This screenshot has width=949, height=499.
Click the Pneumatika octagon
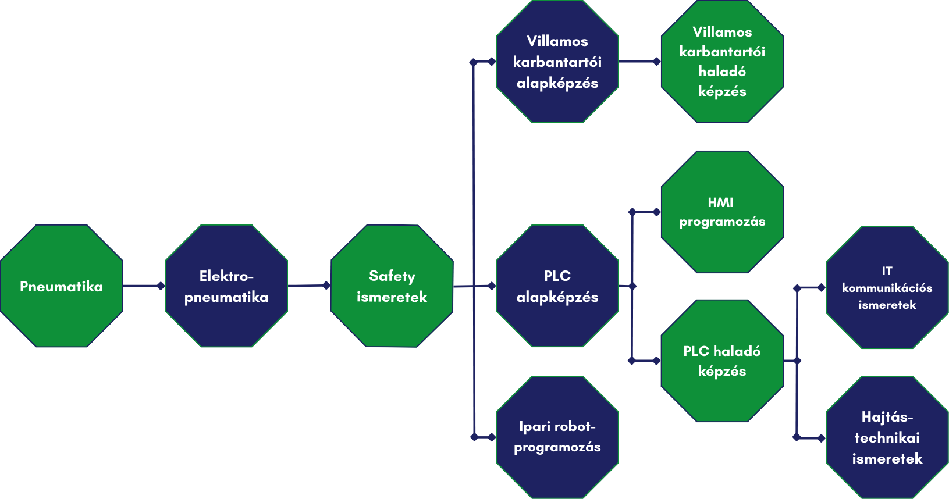(x=61, y=286)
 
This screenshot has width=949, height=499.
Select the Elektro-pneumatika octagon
(x=226, y=286)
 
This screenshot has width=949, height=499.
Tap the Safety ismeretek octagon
(x=392, y=286)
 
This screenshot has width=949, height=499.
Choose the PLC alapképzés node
(x=557, y=286)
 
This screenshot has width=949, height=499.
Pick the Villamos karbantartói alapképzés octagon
(x=557, y=62)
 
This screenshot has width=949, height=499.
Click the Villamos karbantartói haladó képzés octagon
(x=722, y=62)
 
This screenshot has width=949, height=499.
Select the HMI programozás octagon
(x=722, y=212)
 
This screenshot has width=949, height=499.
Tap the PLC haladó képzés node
(x=722, y=361)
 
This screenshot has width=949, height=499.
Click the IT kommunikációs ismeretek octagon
(x=887, y=287)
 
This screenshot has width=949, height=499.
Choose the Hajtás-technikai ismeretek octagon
(x=887, y=437)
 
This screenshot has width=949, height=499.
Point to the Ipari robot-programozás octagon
(x=557, y=437)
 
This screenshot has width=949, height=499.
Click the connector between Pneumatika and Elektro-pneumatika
(x=143, y=286)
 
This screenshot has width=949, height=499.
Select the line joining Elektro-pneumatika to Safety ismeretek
(x=307, y=286)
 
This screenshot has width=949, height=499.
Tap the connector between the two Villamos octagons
(x=638, y=61)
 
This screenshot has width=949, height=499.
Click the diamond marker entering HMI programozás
(x=657, y=212)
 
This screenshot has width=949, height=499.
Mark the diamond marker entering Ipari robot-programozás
(x=492, y=437)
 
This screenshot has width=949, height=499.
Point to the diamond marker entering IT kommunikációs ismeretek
(x=822, y=287)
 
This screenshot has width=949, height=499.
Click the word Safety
(x=392, y=276)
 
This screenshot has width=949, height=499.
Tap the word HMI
(x=720, y=202)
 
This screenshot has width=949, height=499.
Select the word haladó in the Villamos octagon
(x=722, y=72)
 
